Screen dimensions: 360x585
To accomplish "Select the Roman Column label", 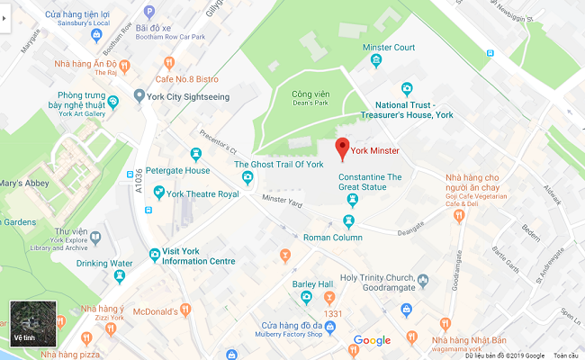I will (x=332, y=238).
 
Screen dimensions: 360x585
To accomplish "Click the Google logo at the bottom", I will (x=372, y=340).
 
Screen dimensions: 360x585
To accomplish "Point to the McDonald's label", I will (x=154, y=311).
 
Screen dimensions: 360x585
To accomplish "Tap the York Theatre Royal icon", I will (x=159, y=192).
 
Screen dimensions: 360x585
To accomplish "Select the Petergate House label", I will (x=178, y=170).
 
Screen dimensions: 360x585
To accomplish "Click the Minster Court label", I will (x=388, y=47).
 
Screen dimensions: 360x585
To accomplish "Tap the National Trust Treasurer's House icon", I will (x=407, y=88).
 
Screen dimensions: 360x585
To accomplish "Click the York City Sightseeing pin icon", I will (x=139, y=95).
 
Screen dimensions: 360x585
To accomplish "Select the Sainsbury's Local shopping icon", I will (x=96, y=35).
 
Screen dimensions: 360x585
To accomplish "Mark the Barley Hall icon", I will (x=306, y=298).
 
